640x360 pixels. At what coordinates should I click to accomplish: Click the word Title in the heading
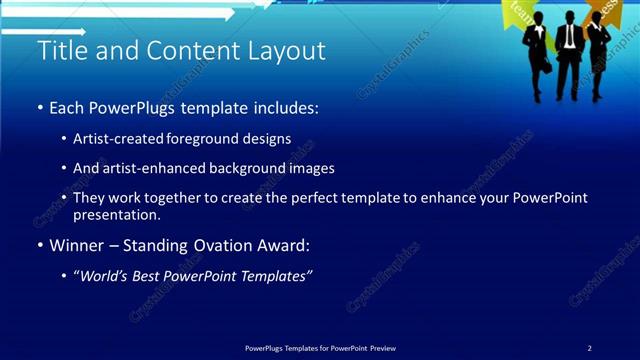[x=62, y=51]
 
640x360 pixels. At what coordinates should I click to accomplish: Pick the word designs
[x=271, y=138]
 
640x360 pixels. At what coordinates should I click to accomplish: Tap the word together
[x=183, y=198]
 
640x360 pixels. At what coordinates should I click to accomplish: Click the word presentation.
[x=117, y=214]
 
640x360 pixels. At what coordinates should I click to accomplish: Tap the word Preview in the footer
[x=383, y=348]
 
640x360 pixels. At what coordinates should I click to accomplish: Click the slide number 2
[x=589, y=348]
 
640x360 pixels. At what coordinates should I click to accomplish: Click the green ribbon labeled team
[x=521, y=13]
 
